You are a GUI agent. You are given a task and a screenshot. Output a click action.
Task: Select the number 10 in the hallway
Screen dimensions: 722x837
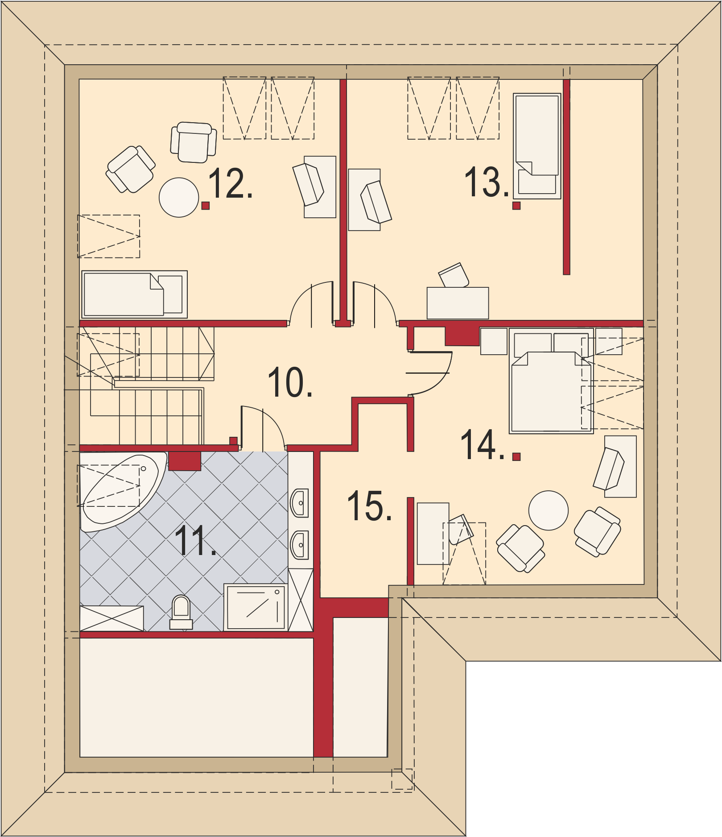point(290,382)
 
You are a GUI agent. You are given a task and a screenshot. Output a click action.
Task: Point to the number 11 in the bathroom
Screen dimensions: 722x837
point(195,540)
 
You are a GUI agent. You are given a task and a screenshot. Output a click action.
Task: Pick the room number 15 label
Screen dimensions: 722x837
point(369,506)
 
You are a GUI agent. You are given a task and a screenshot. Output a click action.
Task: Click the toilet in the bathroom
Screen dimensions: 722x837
point(181,612)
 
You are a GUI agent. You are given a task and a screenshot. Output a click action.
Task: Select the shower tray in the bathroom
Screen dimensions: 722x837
point(256,607)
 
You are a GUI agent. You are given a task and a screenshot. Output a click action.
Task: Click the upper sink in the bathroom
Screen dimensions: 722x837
point(299,503)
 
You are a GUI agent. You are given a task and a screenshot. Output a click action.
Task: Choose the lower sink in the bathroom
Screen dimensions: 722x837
point(299,545)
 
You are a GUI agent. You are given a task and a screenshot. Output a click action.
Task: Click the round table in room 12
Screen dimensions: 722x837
point(179,197)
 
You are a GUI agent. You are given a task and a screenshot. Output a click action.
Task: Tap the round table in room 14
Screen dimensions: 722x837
point(549,510)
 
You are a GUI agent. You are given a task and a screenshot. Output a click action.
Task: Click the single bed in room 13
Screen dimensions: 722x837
point(537,146)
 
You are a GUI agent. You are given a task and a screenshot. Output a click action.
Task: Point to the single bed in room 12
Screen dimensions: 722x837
point(134,294)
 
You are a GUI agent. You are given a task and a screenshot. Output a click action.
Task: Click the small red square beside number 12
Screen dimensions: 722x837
point(206,205)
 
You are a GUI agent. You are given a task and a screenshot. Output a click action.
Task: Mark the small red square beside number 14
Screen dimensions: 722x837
point(516,456)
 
